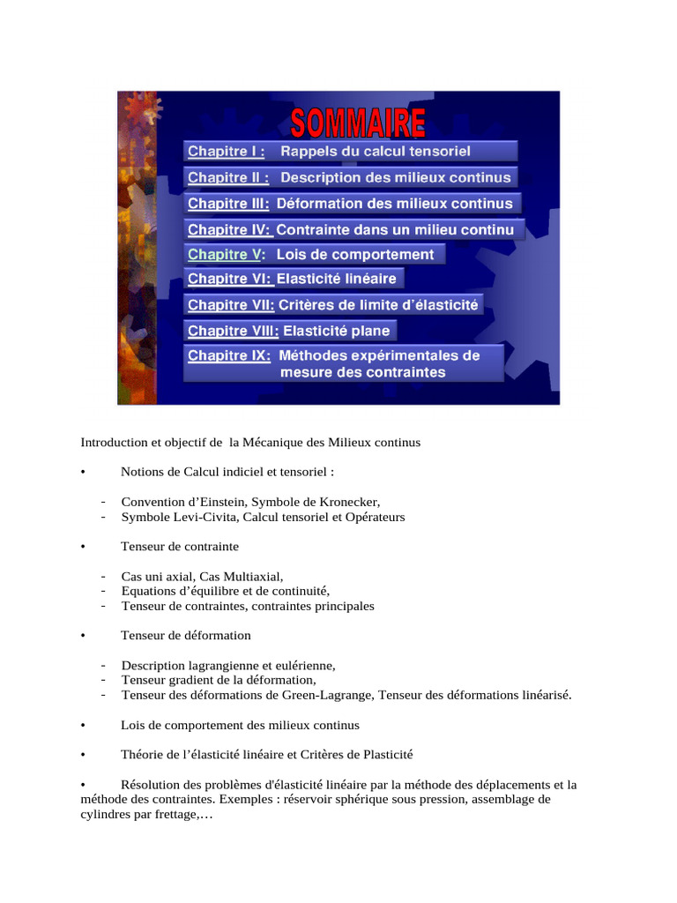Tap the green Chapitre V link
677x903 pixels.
pyautogui.click(x=226, y=255)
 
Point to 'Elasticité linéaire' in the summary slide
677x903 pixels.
pyautogui.click(x=338, y=280)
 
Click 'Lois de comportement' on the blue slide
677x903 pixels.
pyautogui.click(x=355, y=255)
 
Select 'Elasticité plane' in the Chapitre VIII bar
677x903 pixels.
pyautogui.click(x=336, y=332)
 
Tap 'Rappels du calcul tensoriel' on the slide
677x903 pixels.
pyautogui.click(x=375, y=152)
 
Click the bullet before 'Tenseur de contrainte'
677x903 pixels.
pyautogui.click(x=82, y=547)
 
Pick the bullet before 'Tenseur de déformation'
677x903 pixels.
pyautogui.click(x=82, y=635)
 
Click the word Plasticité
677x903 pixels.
pyautogui.click(x=383, y=755)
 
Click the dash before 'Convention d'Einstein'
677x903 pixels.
pyautogui.click(x=104, y=502)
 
